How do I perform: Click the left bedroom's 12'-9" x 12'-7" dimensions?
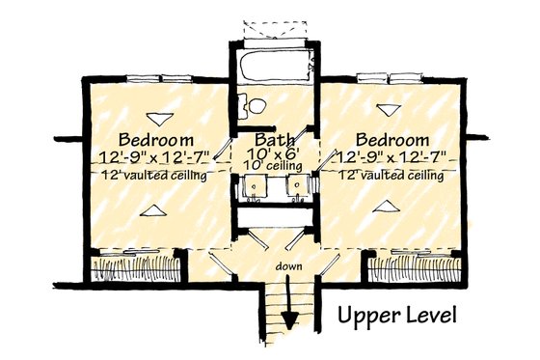tap(152, 156)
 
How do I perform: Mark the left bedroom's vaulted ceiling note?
tap(152, 175)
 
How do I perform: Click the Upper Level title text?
tap(396, 316)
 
